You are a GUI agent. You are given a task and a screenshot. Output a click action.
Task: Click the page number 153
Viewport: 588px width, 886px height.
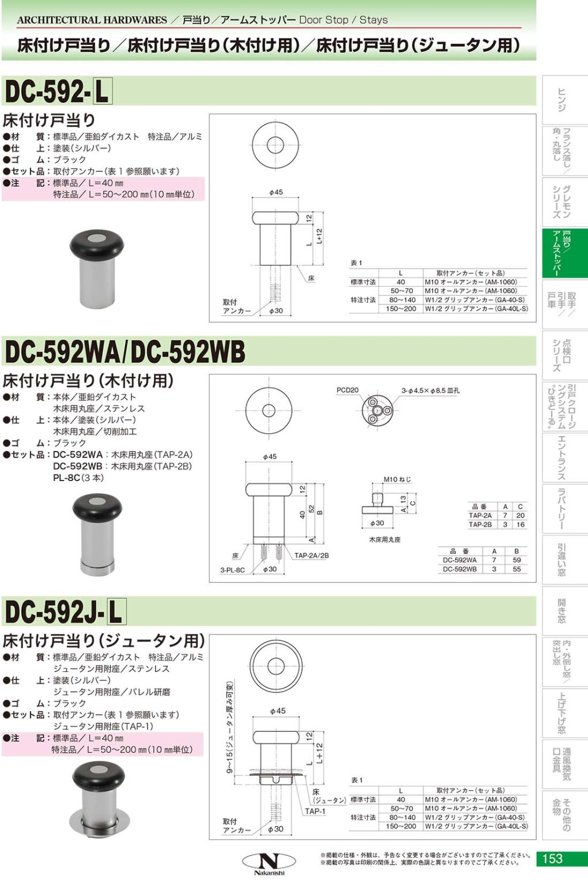[x=552, y=858]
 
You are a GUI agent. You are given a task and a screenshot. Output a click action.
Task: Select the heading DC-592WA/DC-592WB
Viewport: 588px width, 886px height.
[x=125, y=352]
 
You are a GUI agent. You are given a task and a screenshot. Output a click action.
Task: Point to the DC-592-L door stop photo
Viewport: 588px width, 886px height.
[x=96, y=269]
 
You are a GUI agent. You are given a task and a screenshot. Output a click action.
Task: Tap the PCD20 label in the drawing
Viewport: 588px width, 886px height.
[x=347, y=390]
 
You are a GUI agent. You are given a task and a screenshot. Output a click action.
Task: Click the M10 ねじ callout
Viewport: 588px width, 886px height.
[x=397, y=479]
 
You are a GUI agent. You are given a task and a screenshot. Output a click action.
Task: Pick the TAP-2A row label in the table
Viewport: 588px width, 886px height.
[x=480, y=516]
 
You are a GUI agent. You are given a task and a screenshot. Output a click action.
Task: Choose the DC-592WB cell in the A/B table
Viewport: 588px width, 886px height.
[x=459, y=569]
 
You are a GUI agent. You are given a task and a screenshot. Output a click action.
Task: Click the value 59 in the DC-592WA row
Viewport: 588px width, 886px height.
[x=517, y=560]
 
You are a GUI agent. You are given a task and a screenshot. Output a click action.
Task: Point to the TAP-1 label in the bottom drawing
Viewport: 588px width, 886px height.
[x=315, y=811]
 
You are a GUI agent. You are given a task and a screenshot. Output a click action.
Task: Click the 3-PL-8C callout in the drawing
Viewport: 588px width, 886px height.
[x=232, y=570]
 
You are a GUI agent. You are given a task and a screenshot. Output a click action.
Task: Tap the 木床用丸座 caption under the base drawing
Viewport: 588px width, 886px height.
[x=385, y=540]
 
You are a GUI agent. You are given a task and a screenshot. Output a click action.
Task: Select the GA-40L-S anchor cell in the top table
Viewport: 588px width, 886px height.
[x=476, y=309]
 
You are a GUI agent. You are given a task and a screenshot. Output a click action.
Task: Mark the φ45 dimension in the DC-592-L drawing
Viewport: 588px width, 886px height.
[x=276, y=192]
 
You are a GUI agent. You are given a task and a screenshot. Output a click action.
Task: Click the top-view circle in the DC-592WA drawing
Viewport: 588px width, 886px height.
[x=269, y=410]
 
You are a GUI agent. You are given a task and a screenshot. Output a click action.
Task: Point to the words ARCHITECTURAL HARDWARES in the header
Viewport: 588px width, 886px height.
[x=92, y=20]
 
